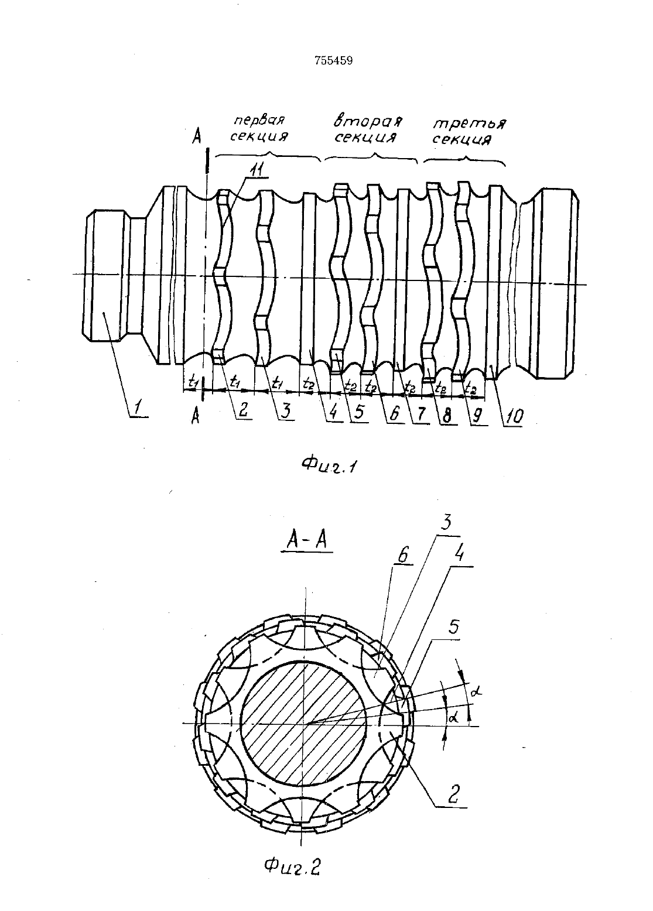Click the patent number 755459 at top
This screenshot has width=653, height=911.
333,61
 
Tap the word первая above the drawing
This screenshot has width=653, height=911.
259,120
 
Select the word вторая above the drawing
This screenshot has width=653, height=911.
368,121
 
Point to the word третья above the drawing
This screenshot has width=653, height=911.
469,124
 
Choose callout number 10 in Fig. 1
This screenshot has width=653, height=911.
513,417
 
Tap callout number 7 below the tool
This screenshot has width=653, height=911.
420,415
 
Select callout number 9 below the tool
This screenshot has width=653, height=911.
478,416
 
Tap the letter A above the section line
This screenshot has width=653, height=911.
197,137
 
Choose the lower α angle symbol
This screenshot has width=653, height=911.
454,718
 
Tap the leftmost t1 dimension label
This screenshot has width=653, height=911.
193,381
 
